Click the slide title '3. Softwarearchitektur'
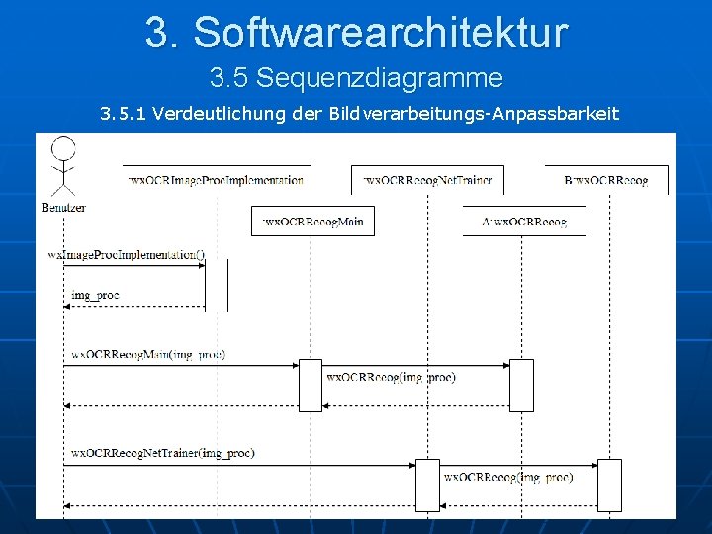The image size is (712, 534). (x=356, y=32)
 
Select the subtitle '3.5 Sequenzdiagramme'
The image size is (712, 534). (x=356, y=77)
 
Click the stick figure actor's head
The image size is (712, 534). (x=63, y=149)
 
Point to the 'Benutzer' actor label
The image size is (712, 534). (x=64, y=207)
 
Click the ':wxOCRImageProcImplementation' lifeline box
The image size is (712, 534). (x=217, y=180)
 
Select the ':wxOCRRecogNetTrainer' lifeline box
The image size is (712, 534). (x=427, y=180)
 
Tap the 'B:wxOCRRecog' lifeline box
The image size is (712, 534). (x=606, y=180)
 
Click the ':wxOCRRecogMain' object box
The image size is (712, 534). (x=312, y=222)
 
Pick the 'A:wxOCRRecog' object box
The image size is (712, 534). (x=525, y=222)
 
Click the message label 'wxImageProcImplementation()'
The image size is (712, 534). (x=127, y=254)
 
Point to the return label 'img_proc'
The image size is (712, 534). (x=95, y=296)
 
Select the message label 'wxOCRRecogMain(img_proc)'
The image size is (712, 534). (x=148, y=353)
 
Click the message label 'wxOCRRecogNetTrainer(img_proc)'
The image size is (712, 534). (x=163, y=453)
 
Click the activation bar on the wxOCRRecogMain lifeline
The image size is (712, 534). (x=311, y=385)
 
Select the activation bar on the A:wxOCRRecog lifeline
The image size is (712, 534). (x=521, y=385)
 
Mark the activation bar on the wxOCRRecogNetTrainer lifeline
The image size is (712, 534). (x=426, y=485)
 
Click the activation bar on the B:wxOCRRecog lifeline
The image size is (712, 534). (x=610, y=485)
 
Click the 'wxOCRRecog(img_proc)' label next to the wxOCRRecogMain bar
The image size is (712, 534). (x=391, y=377)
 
